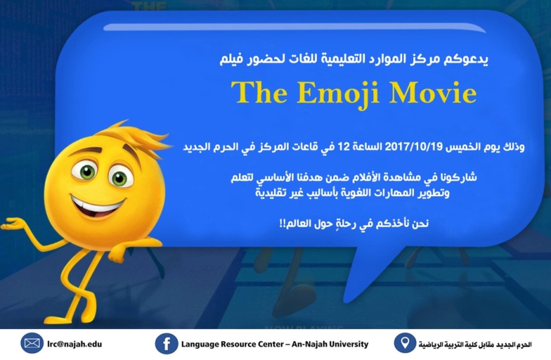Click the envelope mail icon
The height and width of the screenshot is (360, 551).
pyautogui.click(x=32, y=343)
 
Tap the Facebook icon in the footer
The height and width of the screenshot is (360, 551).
pyautogui.click(x=167, y=344)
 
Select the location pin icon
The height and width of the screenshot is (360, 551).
pyautogui.click(x=405, y=343)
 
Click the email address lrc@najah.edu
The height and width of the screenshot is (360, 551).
pyautogui.click(x=74, y=344)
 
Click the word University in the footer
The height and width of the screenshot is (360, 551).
pyautogui.click(x=347, y=344)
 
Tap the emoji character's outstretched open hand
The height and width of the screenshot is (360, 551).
pyautogui.click(x=14, y=224)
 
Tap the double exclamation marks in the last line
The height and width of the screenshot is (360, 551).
pyautogui.click(x=283, y=224)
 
